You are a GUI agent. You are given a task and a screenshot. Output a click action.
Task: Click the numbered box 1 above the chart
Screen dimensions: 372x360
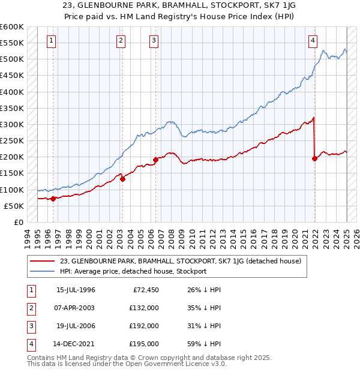tap(52, 41)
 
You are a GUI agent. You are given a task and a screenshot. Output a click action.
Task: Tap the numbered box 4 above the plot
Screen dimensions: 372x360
tap(313, 41)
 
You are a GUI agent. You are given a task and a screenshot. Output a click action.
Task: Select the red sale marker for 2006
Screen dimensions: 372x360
tap(155, 160)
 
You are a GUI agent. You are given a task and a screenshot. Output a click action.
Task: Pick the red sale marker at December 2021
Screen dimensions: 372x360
tap(314, 159)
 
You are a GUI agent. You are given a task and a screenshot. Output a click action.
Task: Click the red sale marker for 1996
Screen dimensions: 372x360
tap(53, 199)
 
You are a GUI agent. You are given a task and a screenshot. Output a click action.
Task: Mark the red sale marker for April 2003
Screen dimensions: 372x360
tap(122, 179)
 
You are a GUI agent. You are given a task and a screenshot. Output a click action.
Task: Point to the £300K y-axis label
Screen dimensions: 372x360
tap(12, 124)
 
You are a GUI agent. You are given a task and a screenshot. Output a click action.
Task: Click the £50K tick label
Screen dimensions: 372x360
tap(14, 206)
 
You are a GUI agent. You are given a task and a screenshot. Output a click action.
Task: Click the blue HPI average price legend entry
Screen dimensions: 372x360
tap(133, 271)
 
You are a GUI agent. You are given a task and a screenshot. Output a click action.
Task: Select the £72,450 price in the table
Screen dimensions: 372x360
tap(145, 290)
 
